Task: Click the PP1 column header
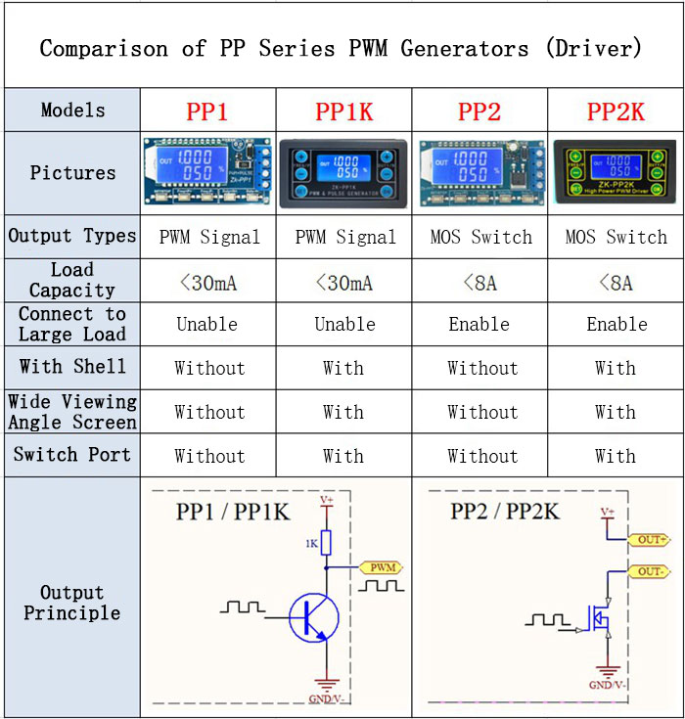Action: (x=206, y=112)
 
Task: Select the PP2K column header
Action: (x=616, y=112)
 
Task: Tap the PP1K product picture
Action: (x=343, y=173)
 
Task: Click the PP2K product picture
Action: (x=616, y=173)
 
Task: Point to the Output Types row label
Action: (x=72, y=237)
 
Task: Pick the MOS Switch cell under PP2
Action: (x=480, y=237)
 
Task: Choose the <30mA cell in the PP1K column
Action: (x=344, y=283)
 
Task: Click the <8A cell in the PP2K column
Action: (x=616, y=283)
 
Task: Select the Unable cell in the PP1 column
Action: (x=207, y=325)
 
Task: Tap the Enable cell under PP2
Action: (x=479, y=325)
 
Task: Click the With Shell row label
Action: (x=72, y=368)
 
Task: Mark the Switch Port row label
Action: (x=72, y=456)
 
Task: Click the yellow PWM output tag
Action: (x=381, y=566)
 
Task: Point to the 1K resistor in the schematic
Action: (x=326, y=542)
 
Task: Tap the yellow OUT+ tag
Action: (x=652, y=539)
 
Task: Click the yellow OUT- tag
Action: (x=652, y=570)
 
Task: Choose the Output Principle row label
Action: (x=72, y=603)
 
